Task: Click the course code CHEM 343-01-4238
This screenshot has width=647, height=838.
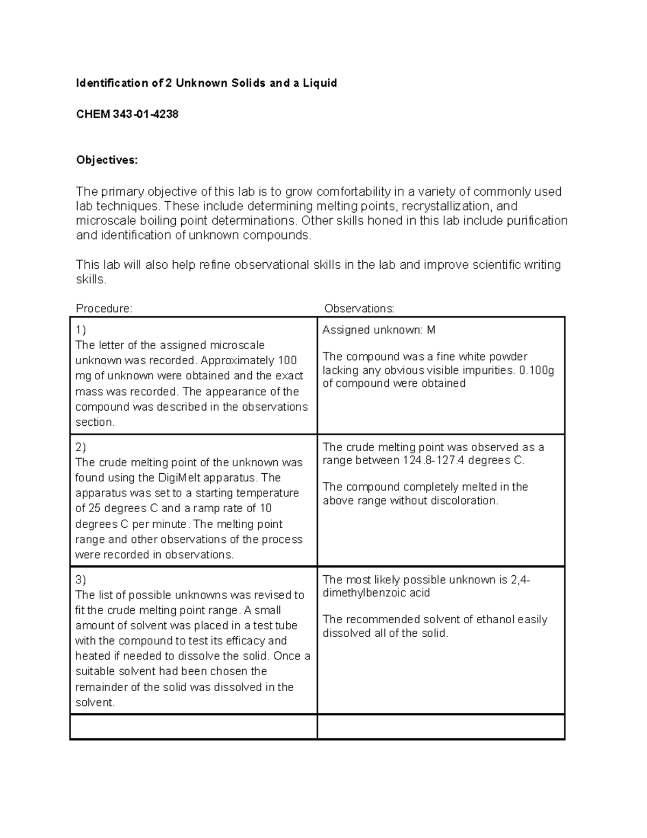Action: (x=127, y=114)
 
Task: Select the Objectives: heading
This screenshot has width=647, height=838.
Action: (x=107, y=160)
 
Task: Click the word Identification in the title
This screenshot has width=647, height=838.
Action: (x=112, y=83)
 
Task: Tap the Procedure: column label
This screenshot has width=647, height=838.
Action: (x=104, y=309)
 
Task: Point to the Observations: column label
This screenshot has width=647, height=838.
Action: (x=359, y=309)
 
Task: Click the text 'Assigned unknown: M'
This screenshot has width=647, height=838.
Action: (x=378, y=330)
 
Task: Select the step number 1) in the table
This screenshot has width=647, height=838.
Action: (x=81, y=330)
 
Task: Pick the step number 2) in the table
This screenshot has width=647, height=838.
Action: (x=81, y=447)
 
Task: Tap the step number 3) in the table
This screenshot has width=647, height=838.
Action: (x=81, y=580)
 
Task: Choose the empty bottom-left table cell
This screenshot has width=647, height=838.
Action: (x=194, y=727)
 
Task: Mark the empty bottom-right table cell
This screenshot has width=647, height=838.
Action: (x=440, y=727)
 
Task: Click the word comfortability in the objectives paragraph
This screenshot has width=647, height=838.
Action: (x=353, y=192)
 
